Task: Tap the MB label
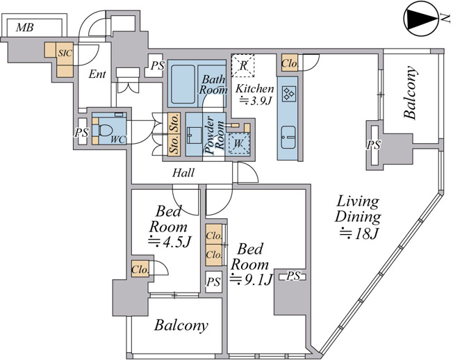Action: tap(25, 28)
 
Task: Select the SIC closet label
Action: tap(65, 54)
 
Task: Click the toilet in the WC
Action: tap(105, 130)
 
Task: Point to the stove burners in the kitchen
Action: tap(289, 94)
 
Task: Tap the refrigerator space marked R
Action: tap(243, 65)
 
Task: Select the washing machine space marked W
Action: tap(238, 143)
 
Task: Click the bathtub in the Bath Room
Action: tap(183, 84)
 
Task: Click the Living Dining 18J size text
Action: tap(359, 234)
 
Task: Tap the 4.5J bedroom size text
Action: tap(170, 241)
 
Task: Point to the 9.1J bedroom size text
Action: tap(252, 279)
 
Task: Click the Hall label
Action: tap(183, 173)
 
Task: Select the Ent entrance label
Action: tap(97, 74)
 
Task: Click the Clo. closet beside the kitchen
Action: tap(290, 63)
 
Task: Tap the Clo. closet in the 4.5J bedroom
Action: tap(140, 269)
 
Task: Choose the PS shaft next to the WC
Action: tap(83, 132)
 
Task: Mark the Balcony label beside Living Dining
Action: tap(411, 92)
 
